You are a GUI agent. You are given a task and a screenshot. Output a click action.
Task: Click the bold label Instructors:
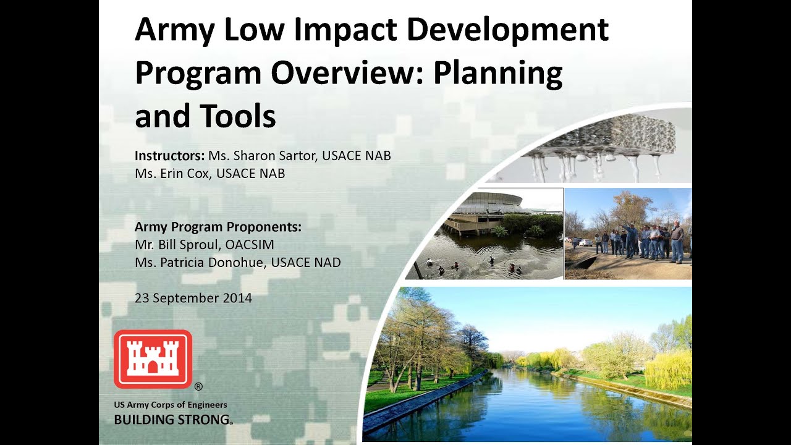pos(169,156)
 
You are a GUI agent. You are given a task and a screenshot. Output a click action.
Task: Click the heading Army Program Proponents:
pos(218,227)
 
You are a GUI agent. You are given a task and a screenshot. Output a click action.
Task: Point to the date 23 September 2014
pos(193,298)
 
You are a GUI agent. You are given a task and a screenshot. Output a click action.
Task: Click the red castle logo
pos(153,358)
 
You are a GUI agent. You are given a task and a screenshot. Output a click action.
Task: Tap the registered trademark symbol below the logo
pos(198,388)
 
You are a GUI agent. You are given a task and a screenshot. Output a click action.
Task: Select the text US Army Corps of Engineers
pos(171,405)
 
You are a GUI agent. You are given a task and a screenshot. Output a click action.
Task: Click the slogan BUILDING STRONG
pos(172,420)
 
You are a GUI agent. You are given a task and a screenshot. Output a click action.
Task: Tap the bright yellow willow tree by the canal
pos(667,369)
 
